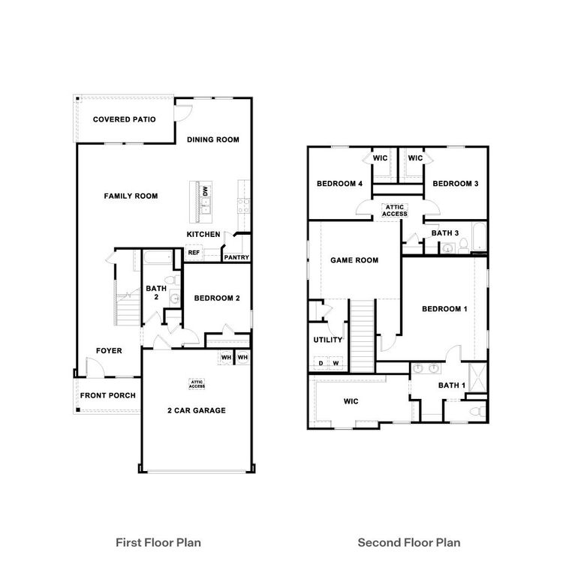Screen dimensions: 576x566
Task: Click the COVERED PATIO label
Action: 124,119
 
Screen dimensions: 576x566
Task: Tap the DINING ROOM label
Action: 213,139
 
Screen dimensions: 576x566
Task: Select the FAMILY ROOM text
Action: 131,196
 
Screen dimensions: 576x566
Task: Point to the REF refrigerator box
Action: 194,253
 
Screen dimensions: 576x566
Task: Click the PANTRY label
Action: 236,258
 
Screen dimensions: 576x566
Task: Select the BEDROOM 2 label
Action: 217,298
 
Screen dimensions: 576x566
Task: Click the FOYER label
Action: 108,350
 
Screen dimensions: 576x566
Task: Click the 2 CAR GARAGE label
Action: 196,410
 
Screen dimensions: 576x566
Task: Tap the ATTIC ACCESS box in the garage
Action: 197,383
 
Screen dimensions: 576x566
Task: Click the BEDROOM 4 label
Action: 340,184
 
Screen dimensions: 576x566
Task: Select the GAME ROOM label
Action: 354,260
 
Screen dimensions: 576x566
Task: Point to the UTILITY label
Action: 328,340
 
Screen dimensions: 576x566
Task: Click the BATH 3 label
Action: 446,233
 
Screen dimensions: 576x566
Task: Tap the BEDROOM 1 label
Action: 444,309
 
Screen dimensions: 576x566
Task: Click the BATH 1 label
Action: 452,385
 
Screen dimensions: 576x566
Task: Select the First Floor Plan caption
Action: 158,541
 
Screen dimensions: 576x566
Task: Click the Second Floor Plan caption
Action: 409,541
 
